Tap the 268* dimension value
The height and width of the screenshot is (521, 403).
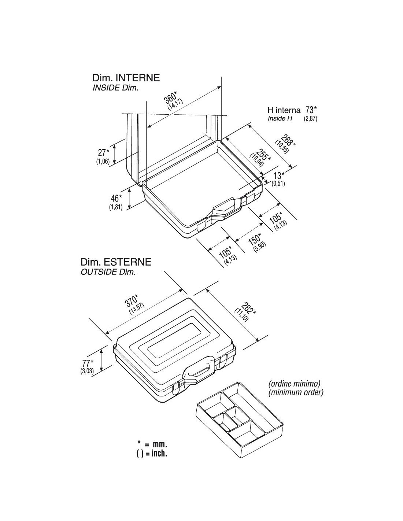coord(288,141)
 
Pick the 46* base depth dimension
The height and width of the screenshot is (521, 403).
coord(116,198)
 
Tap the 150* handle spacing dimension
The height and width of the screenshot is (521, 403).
coord(254,239)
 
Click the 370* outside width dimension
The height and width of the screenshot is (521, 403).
coord(132,300)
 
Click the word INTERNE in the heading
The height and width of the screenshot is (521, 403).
coord(138,78)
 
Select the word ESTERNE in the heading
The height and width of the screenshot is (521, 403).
coord(127,262)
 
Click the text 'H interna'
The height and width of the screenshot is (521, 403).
coord(284,110)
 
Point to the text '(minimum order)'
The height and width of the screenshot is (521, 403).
coord(296,392)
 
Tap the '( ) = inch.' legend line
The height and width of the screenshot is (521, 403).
coord(152,453)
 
